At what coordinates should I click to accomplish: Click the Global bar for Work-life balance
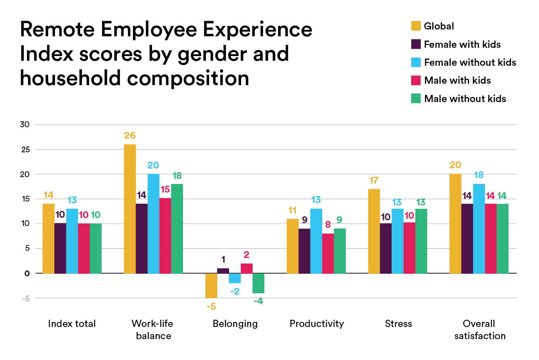pyautogui.click(x=130, y=209)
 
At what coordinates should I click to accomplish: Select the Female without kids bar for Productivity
pyautogui.click(x=316, y=241)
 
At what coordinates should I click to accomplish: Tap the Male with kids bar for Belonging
pyautogui.click(x=247, y=268)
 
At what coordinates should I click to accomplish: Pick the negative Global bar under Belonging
pyautogui.click(x=211, y=286)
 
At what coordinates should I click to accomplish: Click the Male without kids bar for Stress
pyautogui.click(x=421, y=241)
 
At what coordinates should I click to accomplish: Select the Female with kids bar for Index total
pyautogui.click(x=60, y=248)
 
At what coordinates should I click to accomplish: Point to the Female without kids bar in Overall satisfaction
pyautogui.click(x=479, y=229)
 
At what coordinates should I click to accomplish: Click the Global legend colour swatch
pyautogui.click(x=416, y=26)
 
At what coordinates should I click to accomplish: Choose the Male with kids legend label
pyautogui.click(x=457, y=80)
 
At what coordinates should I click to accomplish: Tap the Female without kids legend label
pyautogui.click(x=470, y=63)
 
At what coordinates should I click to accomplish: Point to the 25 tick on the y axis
pyautogui.click(x=25, y=149)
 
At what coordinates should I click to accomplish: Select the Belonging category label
pyautogui.click(x=235, y=324)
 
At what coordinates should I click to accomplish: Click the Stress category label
pyautogui.click(x=399, y=324)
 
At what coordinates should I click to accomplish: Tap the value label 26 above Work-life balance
pyautogui.click(x=130, y=135)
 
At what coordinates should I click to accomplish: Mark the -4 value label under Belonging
pyautogui.click(x=258, y=301)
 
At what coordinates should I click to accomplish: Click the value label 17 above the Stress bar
pyautogui.click(x=374, y=180)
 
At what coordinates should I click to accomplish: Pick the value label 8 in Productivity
pyautogui.click(x=328, y=225)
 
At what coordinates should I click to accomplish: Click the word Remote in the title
pyautogui.click(x=57, y=29)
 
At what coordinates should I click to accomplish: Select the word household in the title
pyautogui.click(x=70, y=78)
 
